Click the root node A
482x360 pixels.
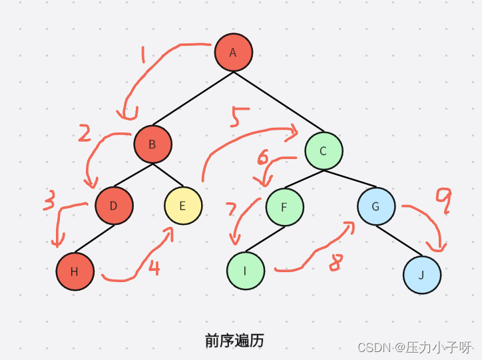pyautogui.click(x=234, y=52)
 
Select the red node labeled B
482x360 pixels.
pyautogui.click(x=152, y=144)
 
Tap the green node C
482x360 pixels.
pyautogui.click(x=324, y=150)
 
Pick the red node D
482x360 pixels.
pyautogui.click(x=114, y=206)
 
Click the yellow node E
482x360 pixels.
pyautogui.click(x=183, y=206)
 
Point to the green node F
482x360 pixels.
pyautogui.click(x=284, y=207)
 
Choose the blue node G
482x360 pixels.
pyautogui.click(x=375, y=206)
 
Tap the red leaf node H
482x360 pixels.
pyautogui.click(x=75, y=271)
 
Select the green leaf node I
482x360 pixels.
pyautogui.click(x=246, y=271)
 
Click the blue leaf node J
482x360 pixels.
pyautogui.click(x=422, y=274)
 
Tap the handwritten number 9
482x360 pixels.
pyautogui.click(x=443, y=200)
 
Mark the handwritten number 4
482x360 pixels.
pyautogui.click(x=154, y=268)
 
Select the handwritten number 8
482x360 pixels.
pyautogui.click(x=335, y=262)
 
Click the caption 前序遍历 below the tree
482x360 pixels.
pyautogui.click(x=234, y=341)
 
